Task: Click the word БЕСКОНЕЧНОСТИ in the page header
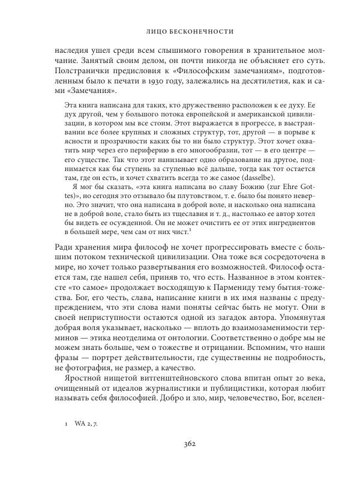[x=203, y=29]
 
